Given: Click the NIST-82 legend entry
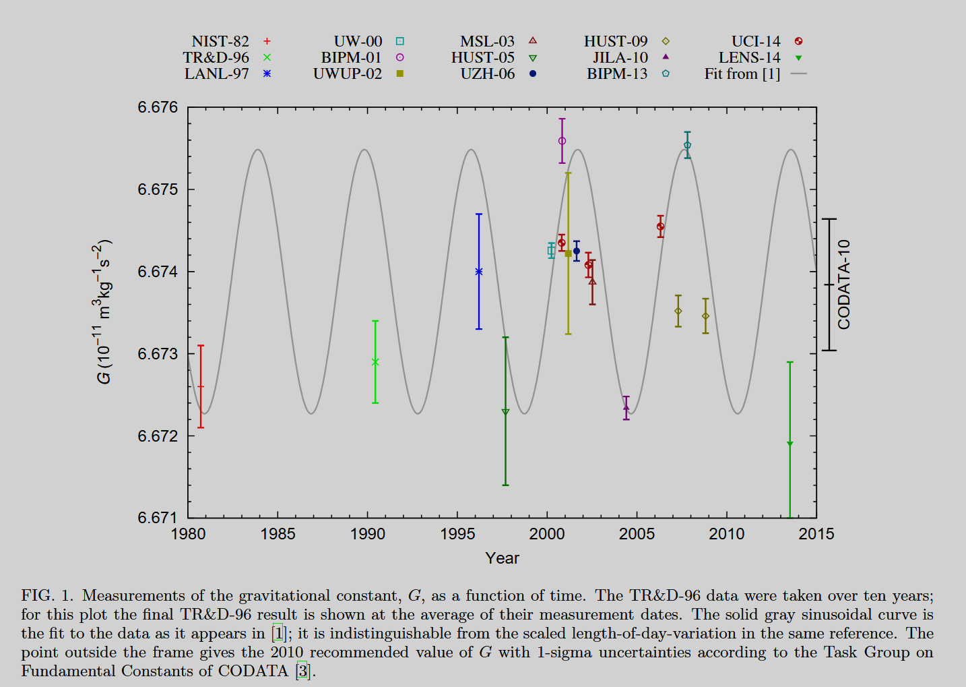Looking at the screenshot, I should (220, 42).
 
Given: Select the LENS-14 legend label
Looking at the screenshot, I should (749, 58).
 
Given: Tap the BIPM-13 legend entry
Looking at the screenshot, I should (617, 74).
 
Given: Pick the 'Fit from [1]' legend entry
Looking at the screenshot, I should (742, 74).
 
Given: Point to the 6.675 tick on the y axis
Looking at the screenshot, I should (158, 189).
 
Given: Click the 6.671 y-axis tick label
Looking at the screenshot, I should (158, 518).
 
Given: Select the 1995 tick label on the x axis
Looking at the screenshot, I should (457, 535).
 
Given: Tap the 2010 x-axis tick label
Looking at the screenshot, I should (726, 535).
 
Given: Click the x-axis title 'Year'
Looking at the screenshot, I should (502, 558).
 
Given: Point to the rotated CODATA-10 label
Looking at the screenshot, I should (844, 285).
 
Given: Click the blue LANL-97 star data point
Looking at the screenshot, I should (479, 272).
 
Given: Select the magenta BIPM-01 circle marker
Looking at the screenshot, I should (562, 141).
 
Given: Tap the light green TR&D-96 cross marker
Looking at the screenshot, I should (375, 362).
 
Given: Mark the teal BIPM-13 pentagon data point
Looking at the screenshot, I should (687, 146).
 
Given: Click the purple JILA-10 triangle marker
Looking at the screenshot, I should (626, 407).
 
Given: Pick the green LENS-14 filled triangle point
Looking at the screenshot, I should (790, 444).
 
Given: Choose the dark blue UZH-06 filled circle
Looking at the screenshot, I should (576, 251).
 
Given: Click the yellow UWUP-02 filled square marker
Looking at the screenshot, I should (568, 253).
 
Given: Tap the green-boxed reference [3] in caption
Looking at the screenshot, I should (302, 671).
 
